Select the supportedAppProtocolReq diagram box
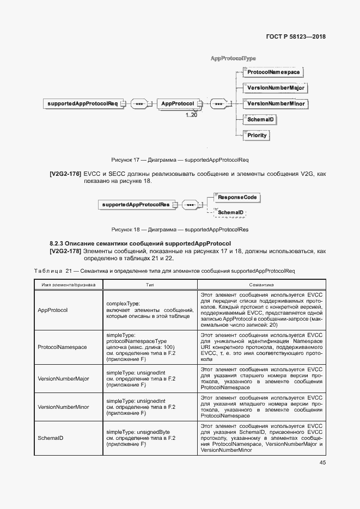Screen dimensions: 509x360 (x=83, y=103)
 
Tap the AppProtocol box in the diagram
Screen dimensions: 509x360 (x=178, y=103)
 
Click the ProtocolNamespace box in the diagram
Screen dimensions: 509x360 (x=273, y=72)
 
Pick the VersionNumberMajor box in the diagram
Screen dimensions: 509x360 (x=275, y=88)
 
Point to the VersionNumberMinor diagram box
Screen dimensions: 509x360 (x=275, y=103)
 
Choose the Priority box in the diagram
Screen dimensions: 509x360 (x=257, y=135)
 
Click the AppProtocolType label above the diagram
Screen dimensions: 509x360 (x=233, y=58)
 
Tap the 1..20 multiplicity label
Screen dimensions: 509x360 (x=191, y=115)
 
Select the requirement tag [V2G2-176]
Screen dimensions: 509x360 (x=65, y=174)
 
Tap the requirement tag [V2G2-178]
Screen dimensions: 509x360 (x=65, y=251)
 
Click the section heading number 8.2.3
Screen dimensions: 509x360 (x=57, y=243)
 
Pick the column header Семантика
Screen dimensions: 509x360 (x=261, y=285)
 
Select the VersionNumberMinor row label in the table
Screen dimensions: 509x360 (x=63, y=407)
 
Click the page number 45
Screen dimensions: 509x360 (x=322, y=463)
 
